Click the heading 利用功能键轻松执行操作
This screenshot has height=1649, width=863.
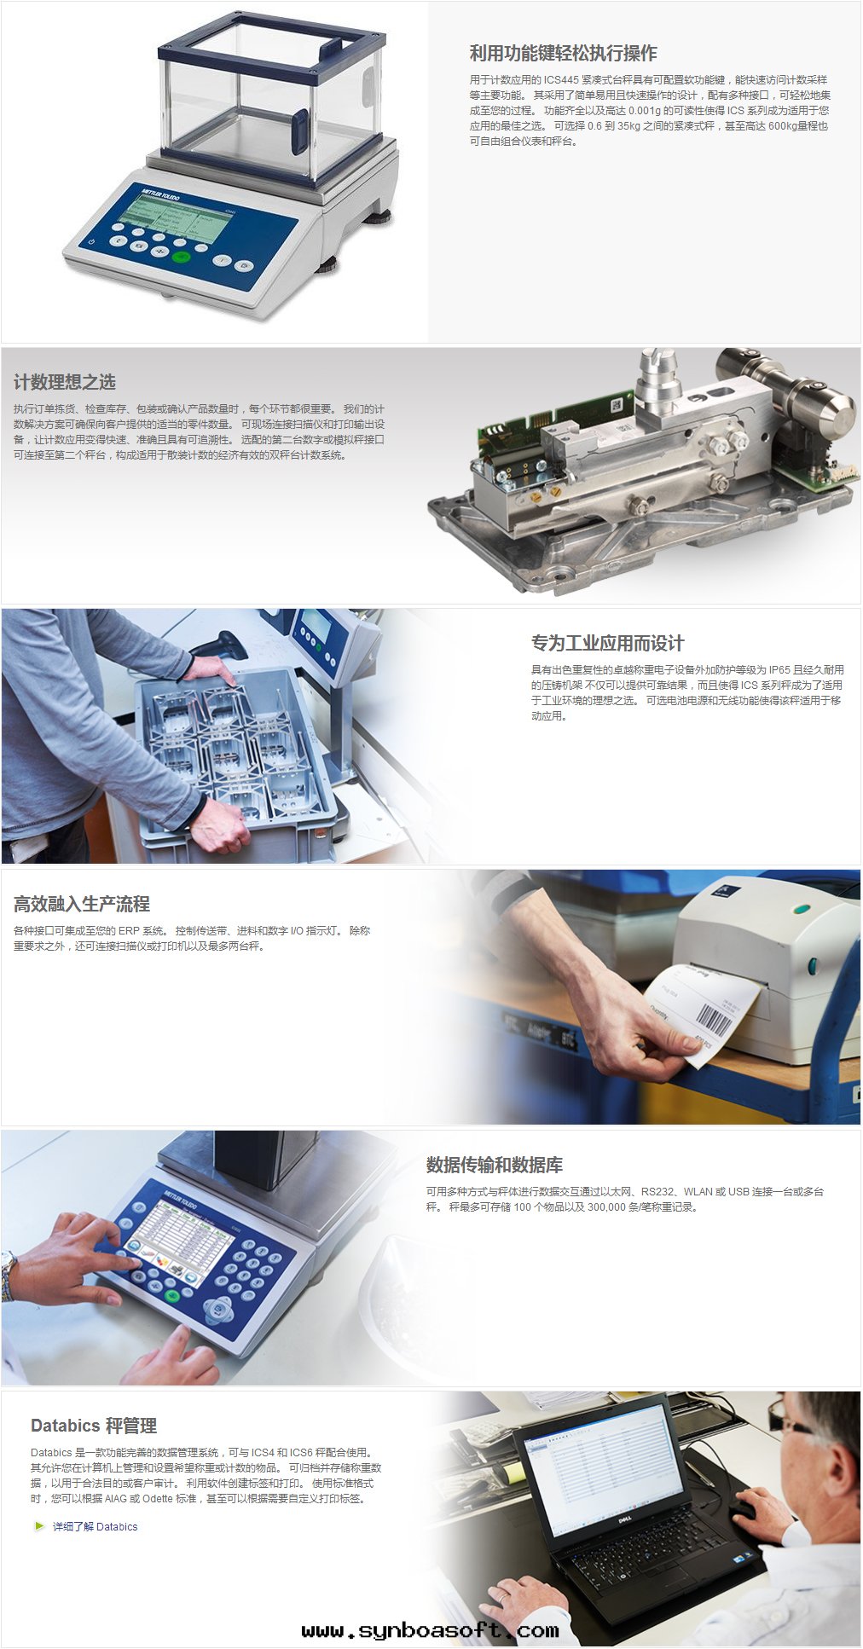click(x=563, y=53)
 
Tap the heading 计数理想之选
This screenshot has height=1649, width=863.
click(x=65, y=382)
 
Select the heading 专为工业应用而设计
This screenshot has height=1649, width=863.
click(x=607, y=643)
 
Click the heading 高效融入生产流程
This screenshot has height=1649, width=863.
click(x=82, y=904)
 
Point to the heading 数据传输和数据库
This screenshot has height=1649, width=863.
click(x=495, y=1165)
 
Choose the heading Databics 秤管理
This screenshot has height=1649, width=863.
click(x=94, y=1426)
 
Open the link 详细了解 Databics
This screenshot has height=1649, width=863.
click(x=95, y=1526)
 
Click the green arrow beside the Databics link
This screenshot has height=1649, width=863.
click(x=39, y=1526)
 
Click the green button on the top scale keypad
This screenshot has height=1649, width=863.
click(x=180, y=257)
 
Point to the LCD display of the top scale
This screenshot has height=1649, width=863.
click(x=178, y=213)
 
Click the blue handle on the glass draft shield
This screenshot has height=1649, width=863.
click(x=299, y=131)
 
